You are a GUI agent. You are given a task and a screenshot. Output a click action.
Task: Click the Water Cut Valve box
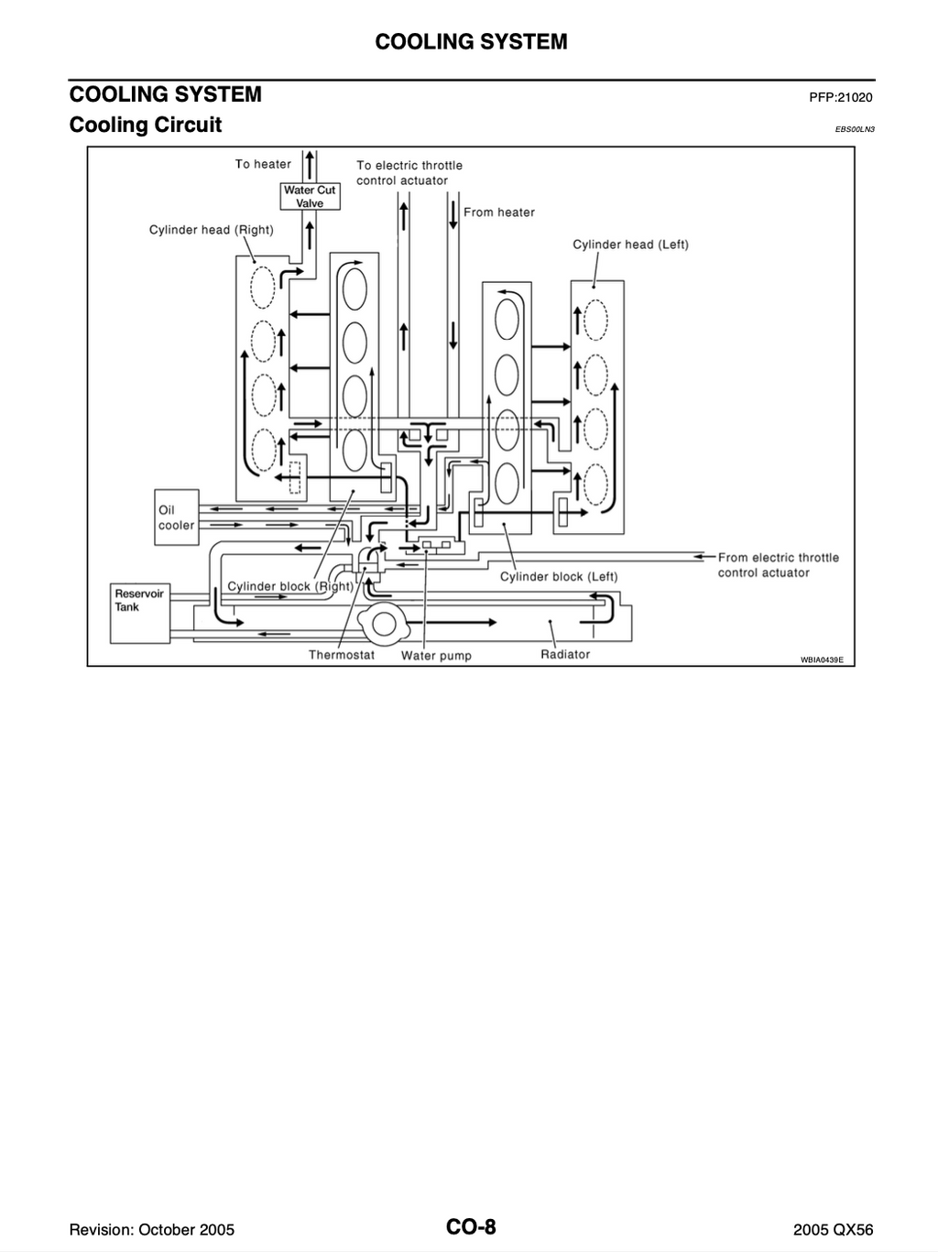310,196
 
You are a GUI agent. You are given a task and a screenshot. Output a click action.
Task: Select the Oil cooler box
177,517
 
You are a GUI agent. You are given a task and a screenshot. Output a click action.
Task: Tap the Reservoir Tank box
140,613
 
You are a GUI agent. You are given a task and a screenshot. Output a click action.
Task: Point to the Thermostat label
342,655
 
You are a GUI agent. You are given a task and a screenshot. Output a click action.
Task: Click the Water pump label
436,656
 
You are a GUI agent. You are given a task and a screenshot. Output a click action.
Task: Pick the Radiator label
565,654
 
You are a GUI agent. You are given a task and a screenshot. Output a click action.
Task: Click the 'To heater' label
263,164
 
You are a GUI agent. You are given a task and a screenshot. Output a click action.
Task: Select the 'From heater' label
499,212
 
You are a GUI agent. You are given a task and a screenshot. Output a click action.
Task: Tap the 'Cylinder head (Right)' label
212,230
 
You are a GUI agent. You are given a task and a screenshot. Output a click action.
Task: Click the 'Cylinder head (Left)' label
630,245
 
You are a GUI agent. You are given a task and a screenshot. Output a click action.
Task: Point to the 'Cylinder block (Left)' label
559,577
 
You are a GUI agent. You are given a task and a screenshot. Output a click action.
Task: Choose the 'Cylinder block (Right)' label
290,586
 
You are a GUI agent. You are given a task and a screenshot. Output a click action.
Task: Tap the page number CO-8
471,1226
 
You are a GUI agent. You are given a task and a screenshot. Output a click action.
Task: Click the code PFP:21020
841,97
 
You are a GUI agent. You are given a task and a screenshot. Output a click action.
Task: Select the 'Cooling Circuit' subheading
146,125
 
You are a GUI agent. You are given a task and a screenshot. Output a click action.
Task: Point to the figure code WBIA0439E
822,660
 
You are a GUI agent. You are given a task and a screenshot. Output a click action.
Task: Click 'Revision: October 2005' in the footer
152,1230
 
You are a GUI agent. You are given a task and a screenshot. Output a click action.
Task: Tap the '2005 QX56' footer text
833,1230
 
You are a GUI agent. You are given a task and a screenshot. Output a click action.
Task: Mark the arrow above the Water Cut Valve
309,165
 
